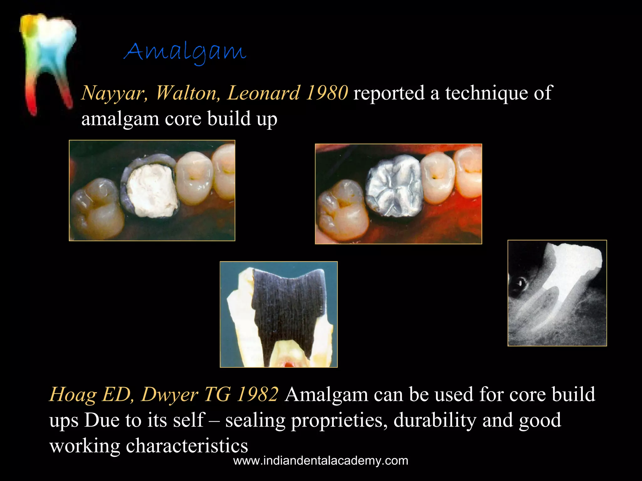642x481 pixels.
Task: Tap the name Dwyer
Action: (170, 395)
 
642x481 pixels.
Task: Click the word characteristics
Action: (187, 445)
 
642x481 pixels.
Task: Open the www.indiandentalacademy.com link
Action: (321, 461)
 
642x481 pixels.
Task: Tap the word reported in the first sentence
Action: (389, 94)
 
